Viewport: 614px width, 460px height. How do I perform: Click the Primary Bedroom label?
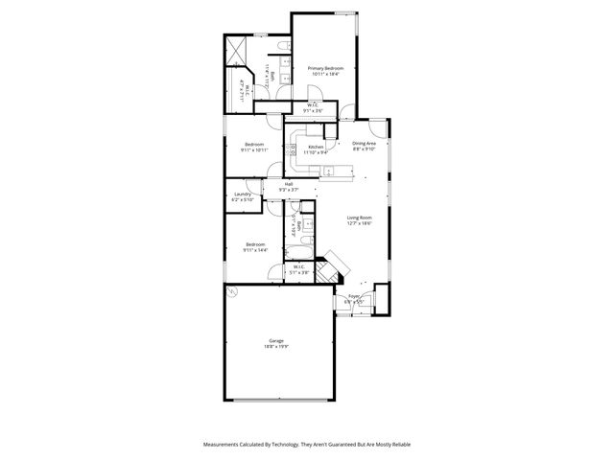(x=326, y=68)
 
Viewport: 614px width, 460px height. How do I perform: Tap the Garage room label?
(x=276, y=342)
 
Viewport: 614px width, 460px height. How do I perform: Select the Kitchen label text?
(x=316, y=146)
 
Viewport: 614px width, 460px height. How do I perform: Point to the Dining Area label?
(x=364, y=143)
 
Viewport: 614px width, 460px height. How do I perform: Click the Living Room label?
(x=359, y=218)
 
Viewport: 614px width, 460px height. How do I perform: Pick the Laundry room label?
(x=242, y=195)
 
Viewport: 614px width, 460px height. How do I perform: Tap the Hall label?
(x=288, y=184)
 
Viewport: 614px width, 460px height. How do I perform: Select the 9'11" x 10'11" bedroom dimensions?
(x=254, y=150)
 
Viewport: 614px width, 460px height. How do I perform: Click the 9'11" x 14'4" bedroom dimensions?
(x=255, y=249)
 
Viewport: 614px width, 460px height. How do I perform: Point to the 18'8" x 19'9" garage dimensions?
(x=276, y=347)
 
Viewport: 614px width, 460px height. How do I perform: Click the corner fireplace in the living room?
(x=331, y=265)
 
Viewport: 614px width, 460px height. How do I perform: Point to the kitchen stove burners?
(x=292, y=149)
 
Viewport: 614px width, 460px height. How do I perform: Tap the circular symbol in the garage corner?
(x=230, y=295)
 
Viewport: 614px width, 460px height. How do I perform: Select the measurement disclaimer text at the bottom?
(x=307, y=444)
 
